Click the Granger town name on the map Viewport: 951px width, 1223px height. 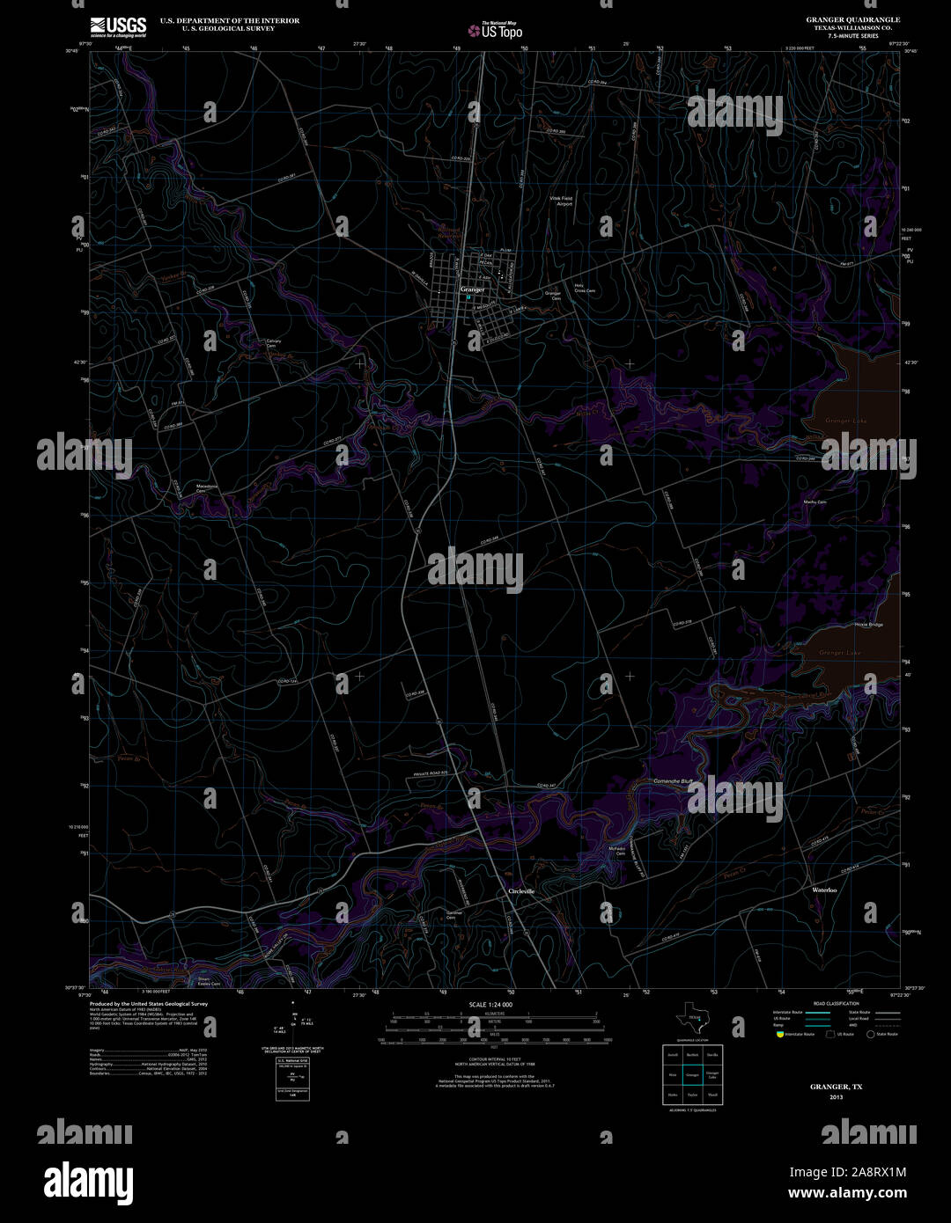coord(472,289)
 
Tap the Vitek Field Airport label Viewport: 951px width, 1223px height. coord(562,201)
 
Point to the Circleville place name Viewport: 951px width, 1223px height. coord(521,891)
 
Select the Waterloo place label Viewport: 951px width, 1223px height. coord(824,890)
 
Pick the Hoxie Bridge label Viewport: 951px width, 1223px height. coord(868,625)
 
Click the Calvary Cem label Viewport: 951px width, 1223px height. coord(274,343)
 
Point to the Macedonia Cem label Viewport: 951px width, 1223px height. coord(206,487)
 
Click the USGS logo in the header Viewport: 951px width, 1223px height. coord(118,26)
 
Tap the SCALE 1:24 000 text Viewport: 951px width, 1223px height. coord(490,1004)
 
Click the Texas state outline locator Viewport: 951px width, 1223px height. coord(692,1019)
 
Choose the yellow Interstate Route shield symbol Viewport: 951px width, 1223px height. coord(778,1035)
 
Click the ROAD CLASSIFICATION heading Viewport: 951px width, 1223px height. coord(837,1003)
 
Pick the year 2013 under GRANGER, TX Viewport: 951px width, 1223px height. coord(836,1097)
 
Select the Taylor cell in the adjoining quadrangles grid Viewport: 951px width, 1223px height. coord(692,1095)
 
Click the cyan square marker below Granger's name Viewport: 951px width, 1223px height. coord(468,297)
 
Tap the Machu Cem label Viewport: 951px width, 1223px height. coord(815,502)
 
